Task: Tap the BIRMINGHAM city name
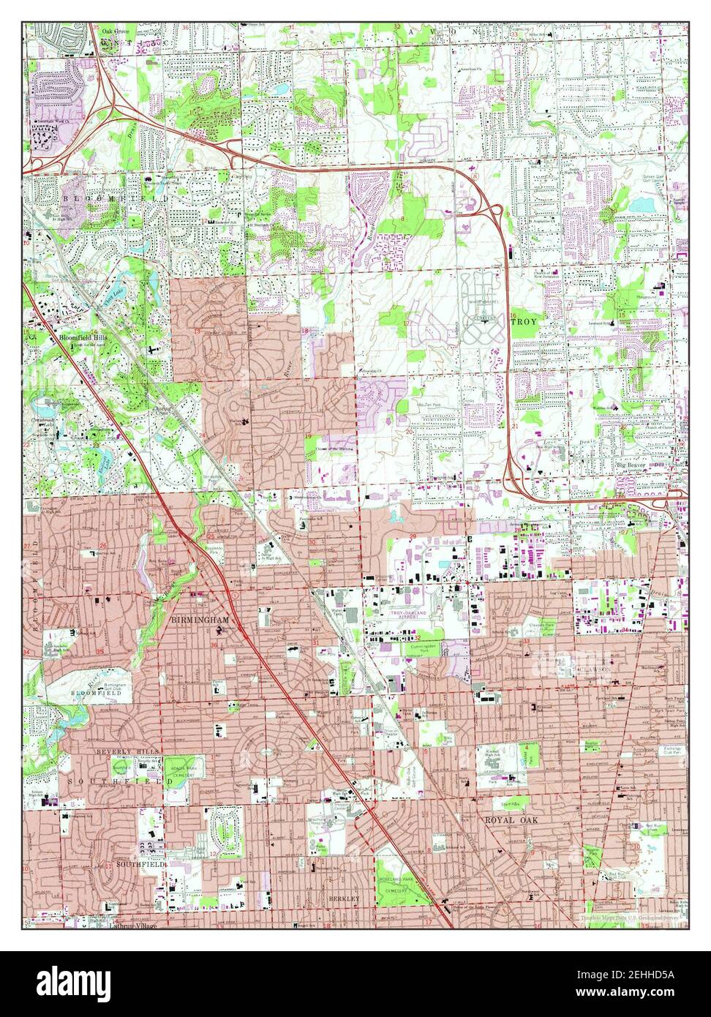coord(200,620)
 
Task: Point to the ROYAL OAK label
coord(511,821)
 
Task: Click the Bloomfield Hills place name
coord(83,339)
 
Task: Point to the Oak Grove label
coord(115,32)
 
